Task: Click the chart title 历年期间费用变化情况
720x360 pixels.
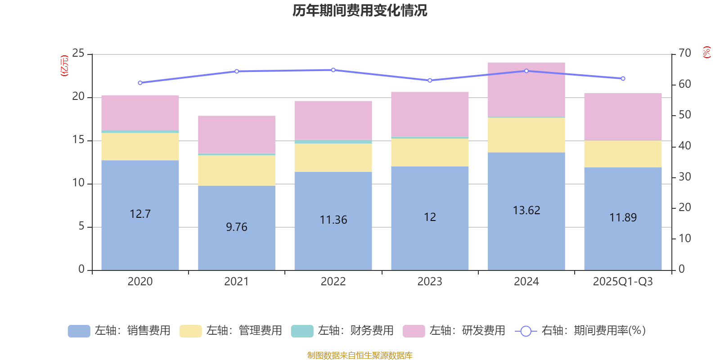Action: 360,10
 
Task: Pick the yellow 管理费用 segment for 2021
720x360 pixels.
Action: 236,170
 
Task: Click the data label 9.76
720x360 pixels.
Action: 236,227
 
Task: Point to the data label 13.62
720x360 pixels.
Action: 526,210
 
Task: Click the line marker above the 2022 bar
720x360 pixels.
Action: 333,70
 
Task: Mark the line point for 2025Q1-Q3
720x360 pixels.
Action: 623,78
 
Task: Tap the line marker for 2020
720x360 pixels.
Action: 140,83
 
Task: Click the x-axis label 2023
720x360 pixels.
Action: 429,282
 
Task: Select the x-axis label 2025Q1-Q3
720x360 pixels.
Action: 623,282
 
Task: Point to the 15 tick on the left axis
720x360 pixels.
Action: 78,140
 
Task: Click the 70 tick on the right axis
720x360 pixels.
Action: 684,53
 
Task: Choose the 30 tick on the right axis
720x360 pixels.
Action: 684,177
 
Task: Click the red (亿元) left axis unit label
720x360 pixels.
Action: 64,66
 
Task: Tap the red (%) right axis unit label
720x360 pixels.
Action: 706,52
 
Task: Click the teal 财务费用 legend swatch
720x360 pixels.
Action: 302,331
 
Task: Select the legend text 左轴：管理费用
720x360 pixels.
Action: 244,331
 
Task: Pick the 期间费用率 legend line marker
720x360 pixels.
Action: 526,331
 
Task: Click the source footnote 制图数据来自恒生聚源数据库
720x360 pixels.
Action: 360,355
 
